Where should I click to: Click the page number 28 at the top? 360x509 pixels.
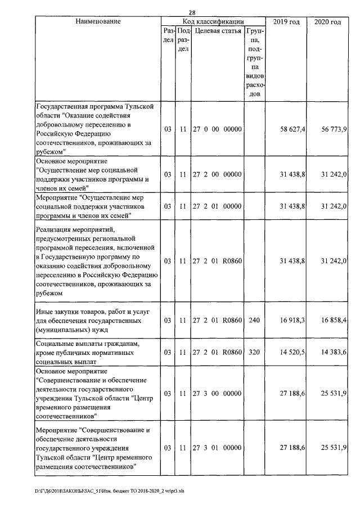tap(191, 13)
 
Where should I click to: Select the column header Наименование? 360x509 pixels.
tap(98, 21)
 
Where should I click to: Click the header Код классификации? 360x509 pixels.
tap(213, 21)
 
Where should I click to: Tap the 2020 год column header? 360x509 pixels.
tap(327, 21)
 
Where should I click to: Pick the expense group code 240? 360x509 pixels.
tap(255, 320)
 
